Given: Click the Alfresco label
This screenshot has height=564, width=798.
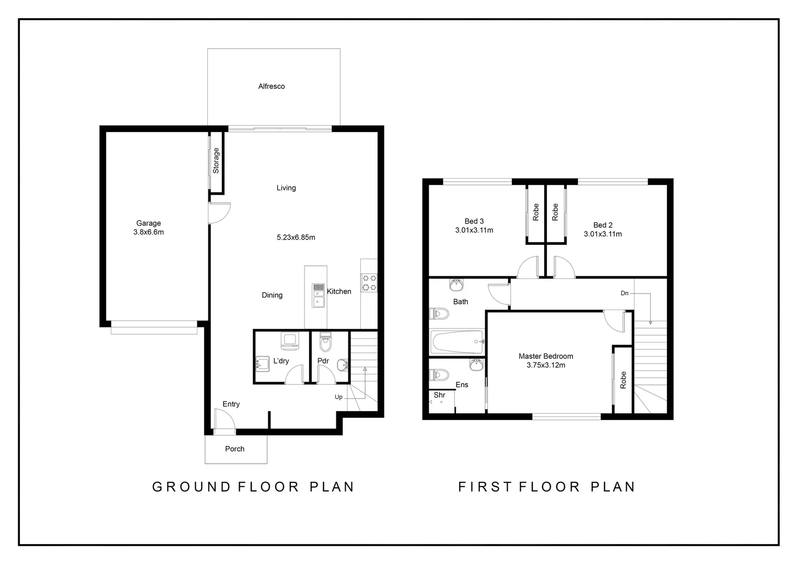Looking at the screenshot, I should [x=272, y=86].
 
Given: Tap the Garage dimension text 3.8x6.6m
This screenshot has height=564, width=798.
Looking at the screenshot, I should [x=148, y=232].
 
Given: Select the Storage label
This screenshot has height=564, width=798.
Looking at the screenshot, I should [x=216, y=160].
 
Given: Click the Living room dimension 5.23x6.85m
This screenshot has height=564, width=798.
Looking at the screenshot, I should [x=296, y=237].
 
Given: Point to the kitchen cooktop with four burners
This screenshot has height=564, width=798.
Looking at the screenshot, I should [x=369, y=283].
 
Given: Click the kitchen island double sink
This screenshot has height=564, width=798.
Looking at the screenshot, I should [x=318, y=296].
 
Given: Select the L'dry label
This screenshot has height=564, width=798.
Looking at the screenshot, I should [x=281, y=361].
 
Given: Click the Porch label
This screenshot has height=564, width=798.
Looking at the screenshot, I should [x=234, y=449].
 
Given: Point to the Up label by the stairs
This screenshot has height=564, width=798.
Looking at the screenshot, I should [x=338, y=397].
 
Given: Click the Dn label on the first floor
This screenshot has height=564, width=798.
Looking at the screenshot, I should [x=624, y=293].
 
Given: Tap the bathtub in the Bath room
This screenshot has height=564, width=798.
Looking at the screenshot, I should [x=457, y=342].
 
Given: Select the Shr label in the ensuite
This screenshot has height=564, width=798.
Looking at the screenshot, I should [x=439, y=395].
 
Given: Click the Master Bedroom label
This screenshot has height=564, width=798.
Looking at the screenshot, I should [x=546, y=356].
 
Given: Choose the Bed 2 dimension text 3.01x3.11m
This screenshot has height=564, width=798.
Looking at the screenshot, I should [x=603, y=234].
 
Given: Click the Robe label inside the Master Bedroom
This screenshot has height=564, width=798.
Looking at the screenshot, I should [x=623, y=380].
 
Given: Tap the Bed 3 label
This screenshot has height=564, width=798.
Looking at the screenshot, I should [x=474, y=221].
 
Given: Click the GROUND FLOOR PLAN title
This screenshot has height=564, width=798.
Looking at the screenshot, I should [x=253, y=487].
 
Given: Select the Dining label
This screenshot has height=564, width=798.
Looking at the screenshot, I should [x=272, y=295].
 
